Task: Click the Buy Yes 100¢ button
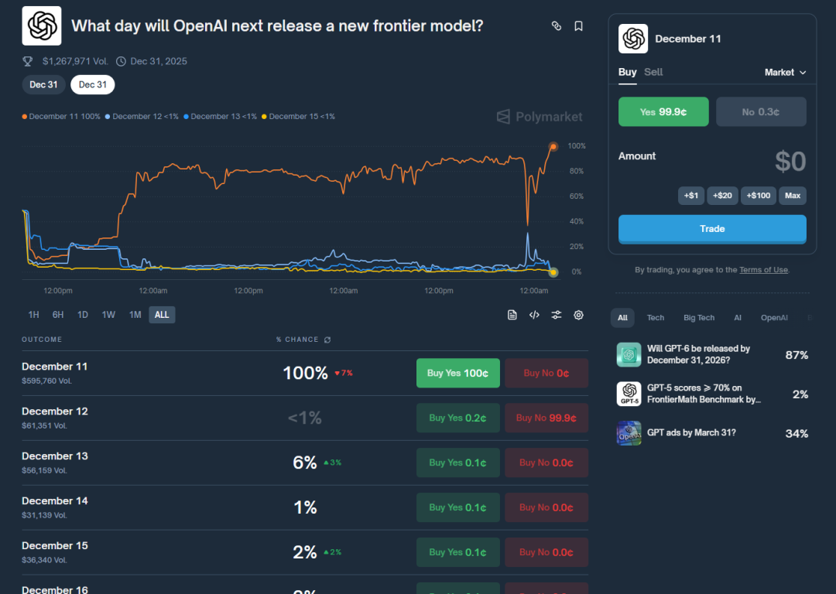[x=457, y=373]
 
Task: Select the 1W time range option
[x=108, y=315]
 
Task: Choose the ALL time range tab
[x=162, y=315]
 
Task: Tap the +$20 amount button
[x=722, y=196]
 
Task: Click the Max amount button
[x=792, y=196]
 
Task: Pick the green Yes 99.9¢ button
[x=663, y=111]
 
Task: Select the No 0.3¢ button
[x=761, y=111]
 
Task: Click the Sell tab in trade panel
[x=653, y=72]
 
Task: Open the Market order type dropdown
[x=785, y=72]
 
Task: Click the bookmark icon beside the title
[x=578, y=26]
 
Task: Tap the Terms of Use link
[x=763, y=270]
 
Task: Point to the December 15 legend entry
[x=299, y=117]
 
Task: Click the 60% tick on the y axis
[x=576, y=196]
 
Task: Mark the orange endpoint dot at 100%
[x=553, y=146]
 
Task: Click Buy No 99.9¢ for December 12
[x=546, y=418]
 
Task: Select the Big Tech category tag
[x=699, y=318]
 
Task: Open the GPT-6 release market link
[x=698, y=354]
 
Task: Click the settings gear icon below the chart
[x=578, y=315]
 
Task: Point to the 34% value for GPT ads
[x=797, y=433]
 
